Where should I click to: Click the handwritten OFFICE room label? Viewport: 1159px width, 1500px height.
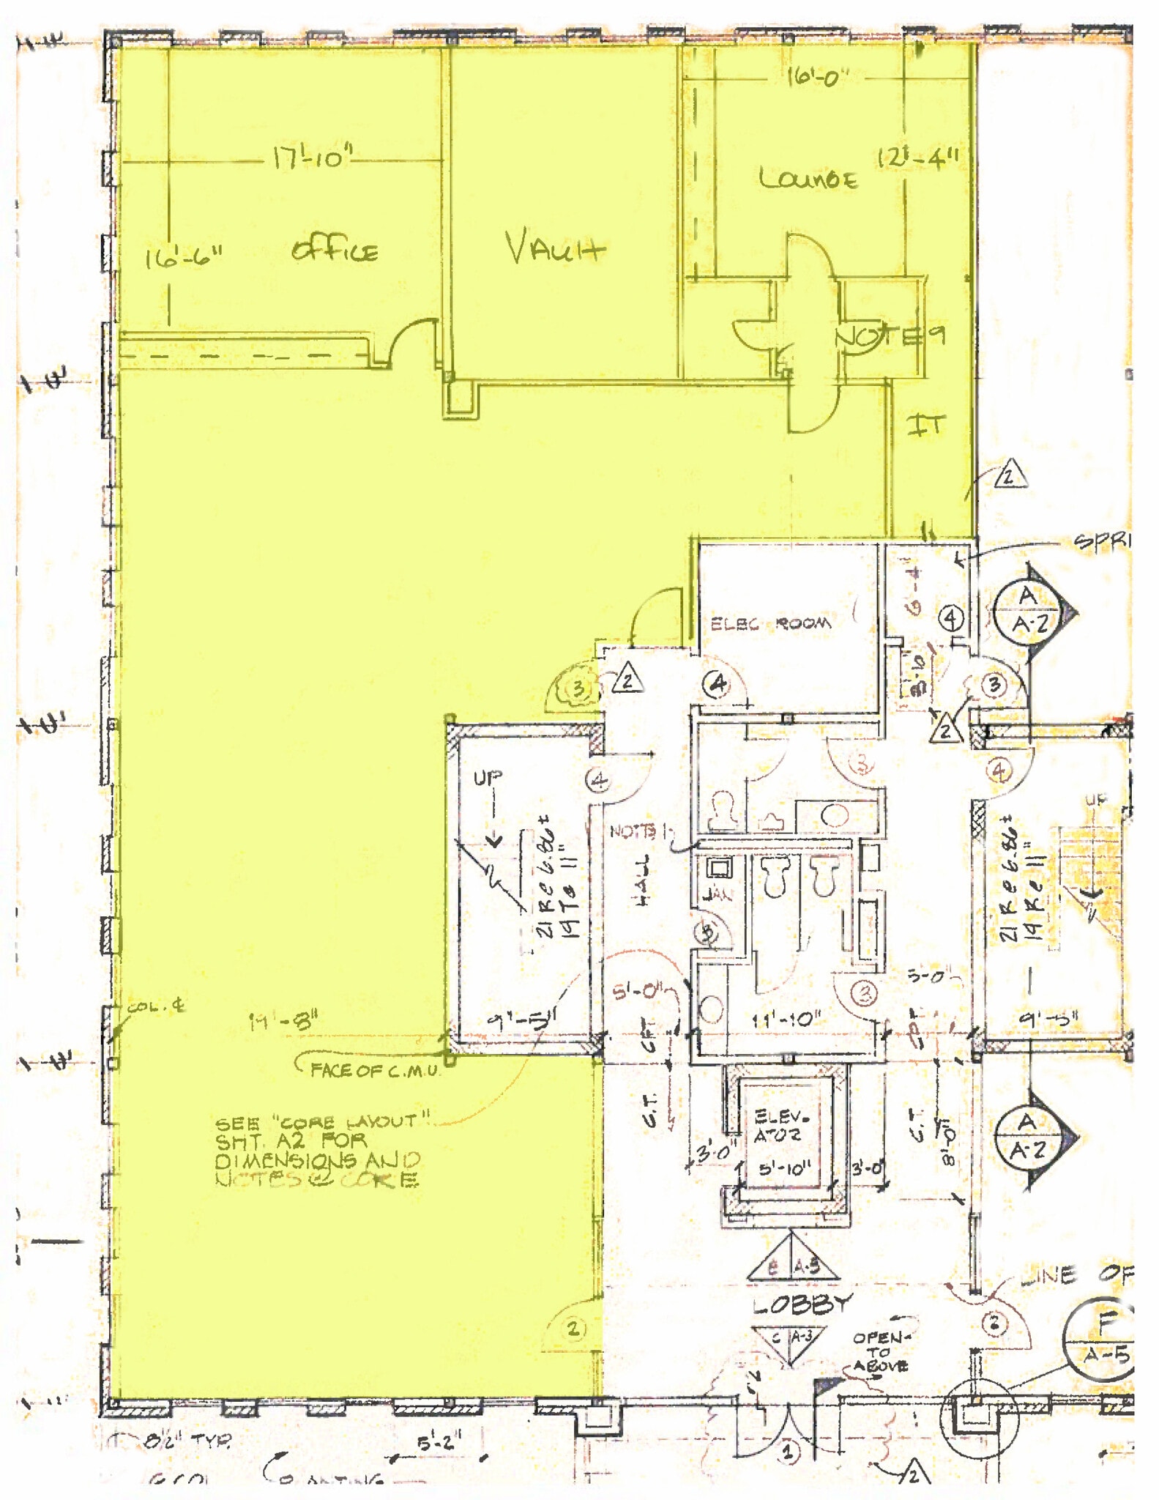click(x=335, y=252)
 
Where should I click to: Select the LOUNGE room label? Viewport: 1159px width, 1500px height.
click(x=808, y=179)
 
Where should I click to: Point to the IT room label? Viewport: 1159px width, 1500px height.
click(x=926, y=426)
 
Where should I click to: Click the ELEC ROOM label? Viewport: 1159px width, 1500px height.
click(x=771, y=624)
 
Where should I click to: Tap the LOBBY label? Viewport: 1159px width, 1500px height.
click(x=803, y=1304)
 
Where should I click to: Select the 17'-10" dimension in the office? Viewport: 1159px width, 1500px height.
click(x=313, y=157)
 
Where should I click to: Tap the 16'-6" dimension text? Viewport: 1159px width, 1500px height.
click(x=183, y=258)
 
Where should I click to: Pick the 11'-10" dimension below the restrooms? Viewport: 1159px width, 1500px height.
click(x=786, y=1019)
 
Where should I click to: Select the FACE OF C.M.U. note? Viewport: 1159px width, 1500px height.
click(x=375, y=1070)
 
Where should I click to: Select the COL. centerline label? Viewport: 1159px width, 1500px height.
click(x=156, y=1007)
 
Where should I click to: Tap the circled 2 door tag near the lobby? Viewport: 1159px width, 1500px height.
click(x=573, y=1328)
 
